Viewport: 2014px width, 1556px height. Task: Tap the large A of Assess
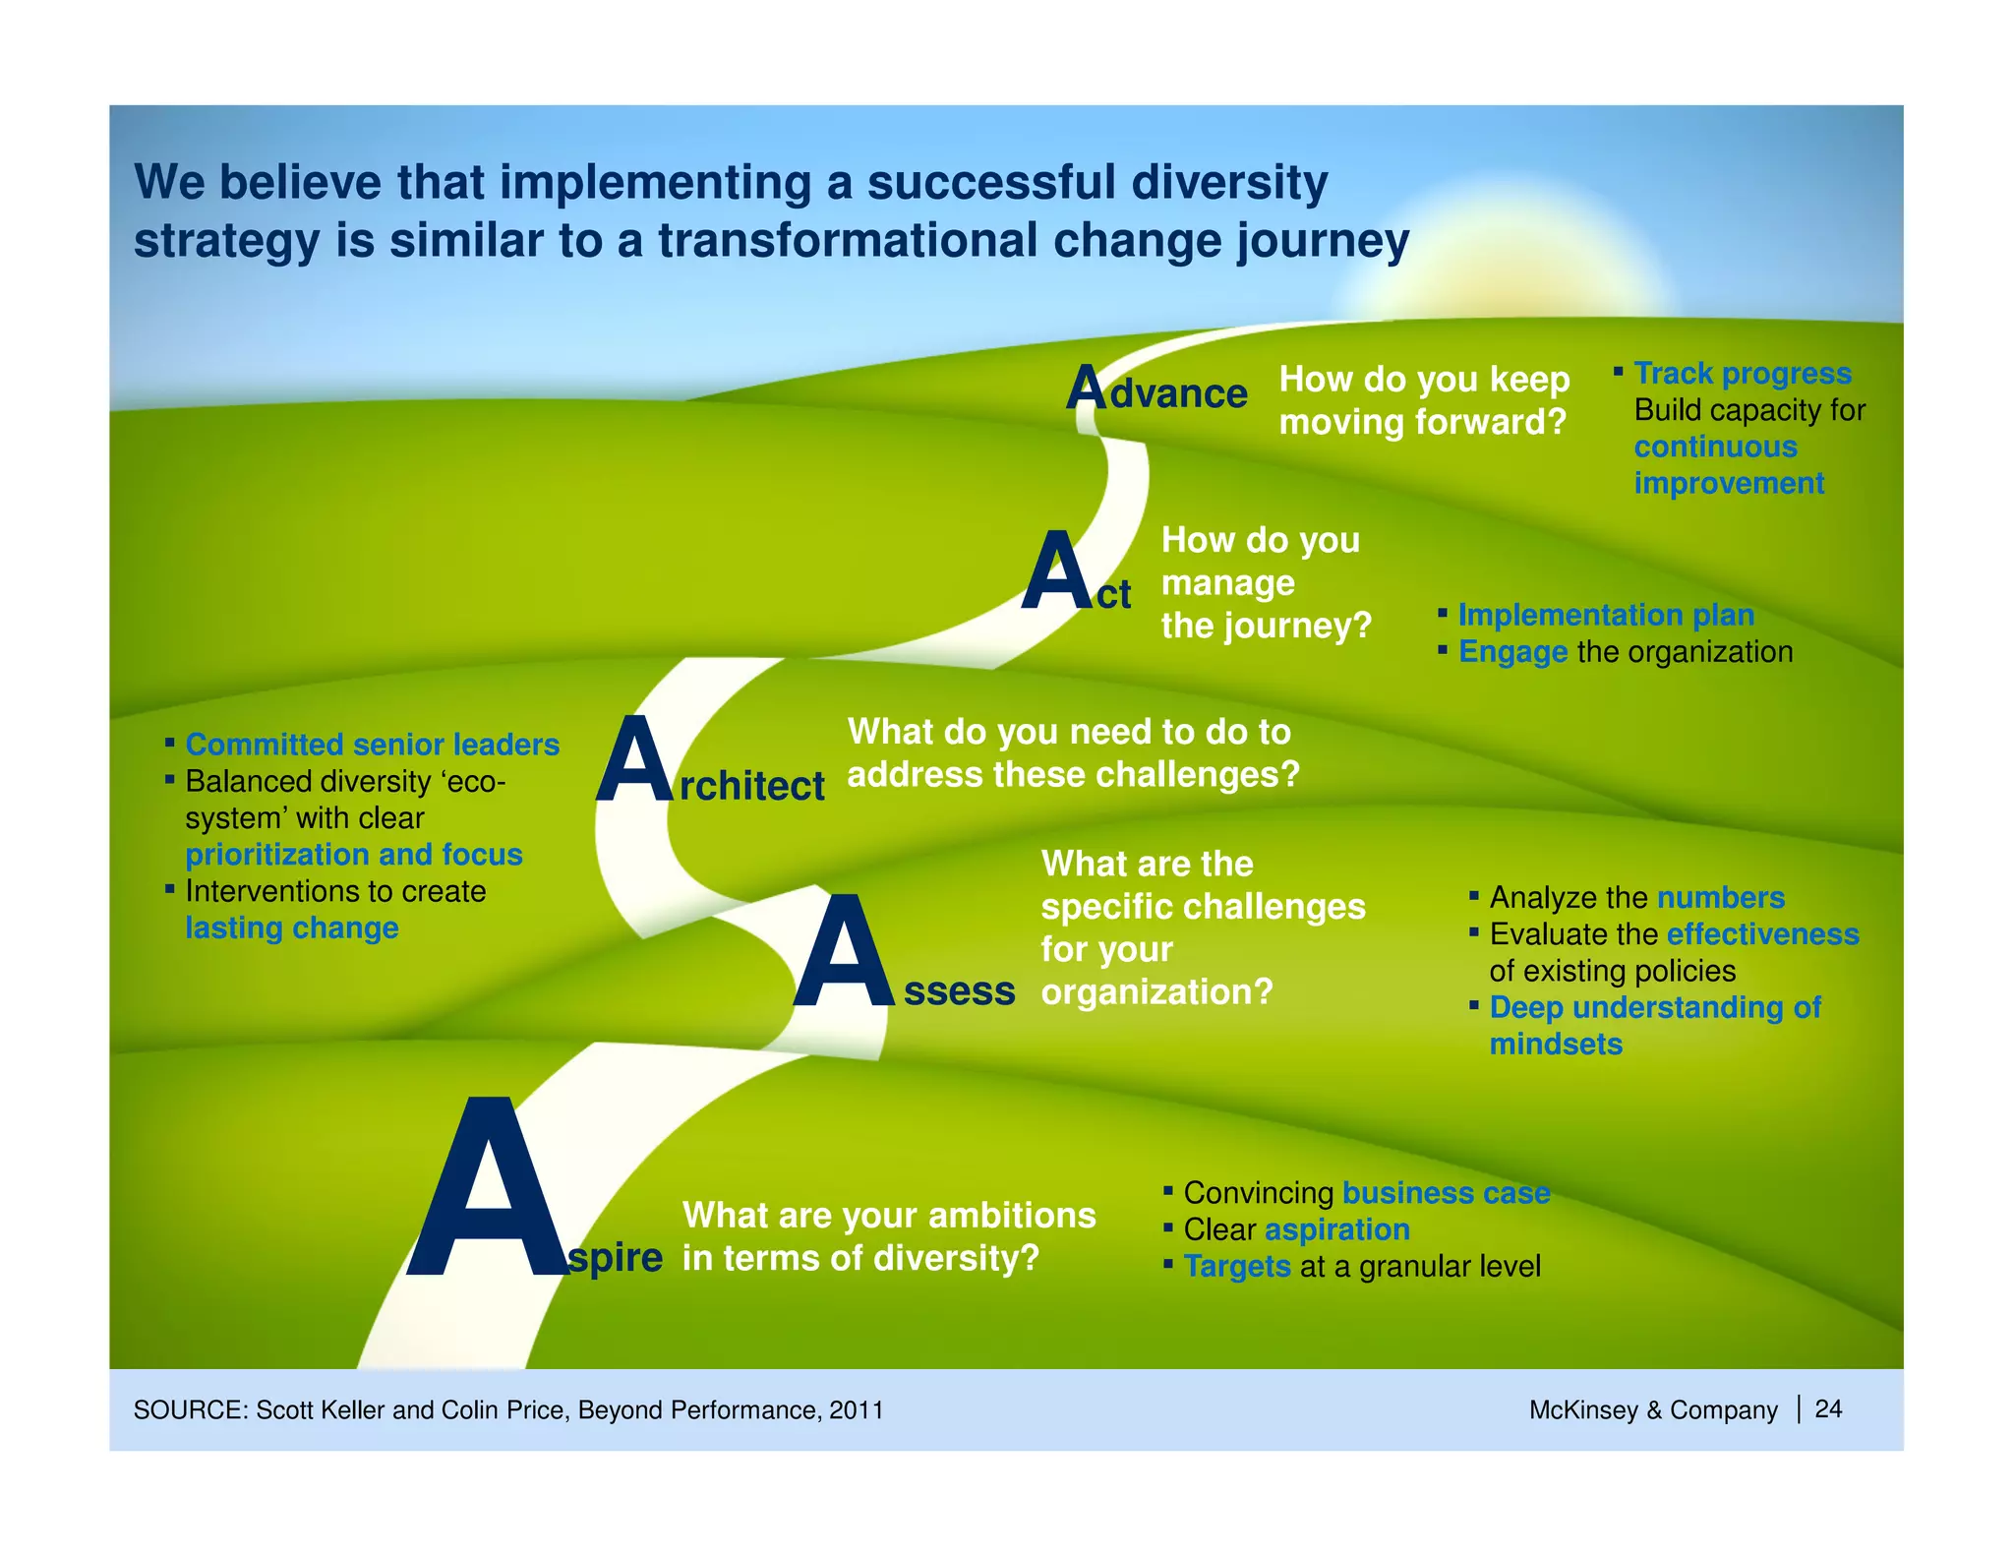(844, 954)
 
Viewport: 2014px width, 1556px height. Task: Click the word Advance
(1157, 391)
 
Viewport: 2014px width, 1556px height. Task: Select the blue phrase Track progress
(1743, 374)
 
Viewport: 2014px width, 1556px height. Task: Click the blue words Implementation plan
(1606, 615)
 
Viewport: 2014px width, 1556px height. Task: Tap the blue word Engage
(1512, 652)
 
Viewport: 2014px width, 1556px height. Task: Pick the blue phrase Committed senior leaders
(372, 745)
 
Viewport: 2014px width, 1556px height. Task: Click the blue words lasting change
(292, 928)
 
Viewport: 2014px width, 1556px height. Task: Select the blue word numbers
(1720, 898)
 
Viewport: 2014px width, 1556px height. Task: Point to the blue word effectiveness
(1762, 934)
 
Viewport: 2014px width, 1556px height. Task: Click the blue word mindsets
(1556, 1045)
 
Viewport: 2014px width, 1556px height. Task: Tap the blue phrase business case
(1446, 1193)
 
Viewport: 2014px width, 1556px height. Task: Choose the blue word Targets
(1236, 1267)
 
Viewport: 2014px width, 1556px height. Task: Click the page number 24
(1828, 1409)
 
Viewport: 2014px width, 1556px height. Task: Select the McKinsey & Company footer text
(1652, 1410)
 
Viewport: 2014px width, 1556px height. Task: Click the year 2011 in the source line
(856, 1410)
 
